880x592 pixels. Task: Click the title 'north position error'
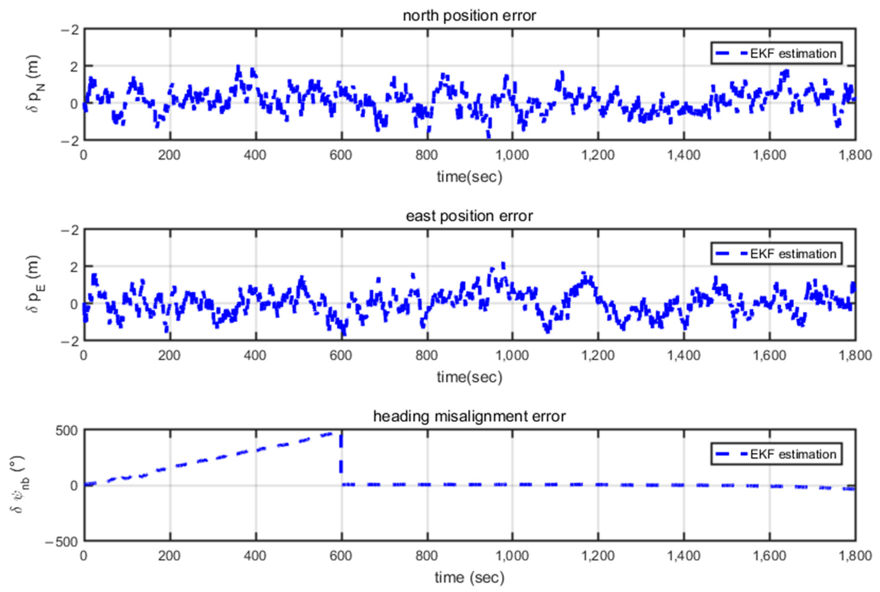pyautogui.click(x=469, y=16)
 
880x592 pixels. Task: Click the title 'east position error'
pyautogui.click(x=469, y=216)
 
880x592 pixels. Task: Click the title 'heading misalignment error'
pyautogui.click(x=469, y=416)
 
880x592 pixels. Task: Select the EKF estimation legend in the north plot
pyautogui.click(x=776, y=54)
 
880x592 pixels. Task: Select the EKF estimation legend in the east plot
pyautogui.click(x=776, y=254)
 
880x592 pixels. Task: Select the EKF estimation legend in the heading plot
pyautogui.click(x=776, y=454)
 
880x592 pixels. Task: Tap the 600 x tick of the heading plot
pyautogui.click(x=341, y=556)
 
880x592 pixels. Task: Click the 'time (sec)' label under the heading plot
pyautogui.click(x=469, y=577)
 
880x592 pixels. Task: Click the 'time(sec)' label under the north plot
pyautogui.click(x=469, y=177)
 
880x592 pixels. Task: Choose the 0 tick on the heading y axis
pyautogui.click(x=74, y=486)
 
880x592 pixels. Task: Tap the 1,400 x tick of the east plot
pyautogui.click(x=684, y=356)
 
